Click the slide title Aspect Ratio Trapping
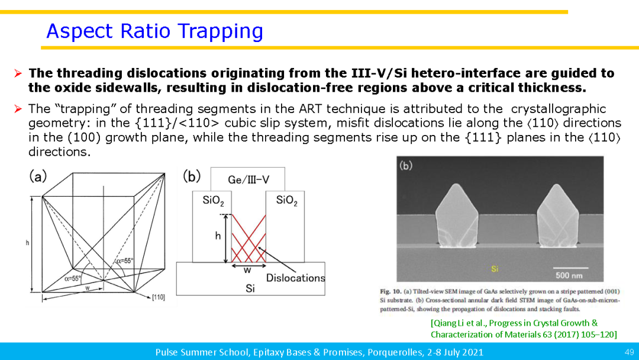coord(154,31)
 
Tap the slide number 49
coord(629,352)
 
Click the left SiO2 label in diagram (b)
coord(213,201)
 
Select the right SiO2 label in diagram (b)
coord(286,201)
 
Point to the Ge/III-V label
coord(248,180)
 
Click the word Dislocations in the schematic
coord(295,278)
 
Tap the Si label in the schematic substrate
coord(250,289)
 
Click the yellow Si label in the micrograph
coord(495,269)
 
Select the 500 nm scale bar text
coord(569,275)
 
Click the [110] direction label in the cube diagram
coord(158,297)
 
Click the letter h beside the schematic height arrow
coord(218,235)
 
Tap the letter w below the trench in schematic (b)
coord(247,271)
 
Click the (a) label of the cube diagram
coord(38,176)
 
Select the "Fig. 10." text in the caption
coord(391,291)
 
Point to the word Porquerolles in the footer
coord(391,352)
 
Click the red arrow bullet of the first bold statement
coord(18,73)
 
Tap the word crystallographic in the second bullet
coord(559,109)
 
